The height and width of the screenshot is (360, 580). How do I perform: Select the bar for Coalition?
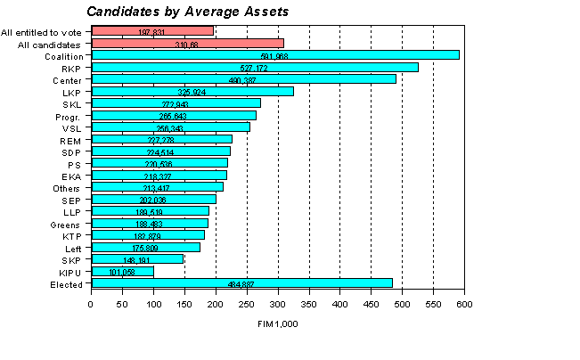point(274,55)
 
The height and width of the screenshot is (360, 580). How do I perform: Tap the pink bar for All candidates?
point(187,43)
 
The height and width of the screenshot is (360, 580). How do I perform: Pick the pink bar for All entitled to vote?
point(151,31)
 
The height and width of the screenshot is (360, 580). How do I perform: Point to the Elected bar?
point(241,283)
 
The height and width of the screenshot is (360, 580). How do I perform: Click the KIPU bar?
point(122,272)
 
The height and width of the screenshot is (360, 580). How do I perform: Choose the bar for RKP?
point(254,68)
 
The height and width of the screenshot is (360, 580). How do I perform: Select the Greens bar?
point(149,224)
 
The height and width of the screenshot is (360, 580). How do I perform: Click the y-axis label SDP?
point(72,151)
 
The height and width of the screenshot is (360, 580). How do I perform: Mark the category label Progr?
point(69,116)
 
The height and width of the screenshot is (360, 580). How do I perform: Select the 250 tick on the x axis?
point(247,305)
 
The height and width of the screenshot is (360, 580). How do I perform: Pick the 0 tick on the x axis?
point(91,305)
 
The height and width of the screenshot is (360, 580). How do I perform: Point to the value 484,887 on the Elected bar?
point(241,284)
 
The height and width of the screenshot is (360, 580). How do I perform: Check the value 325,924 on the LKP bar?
point(192,92)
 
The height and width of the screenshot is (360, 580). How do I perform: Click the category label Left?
point(74,248)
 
